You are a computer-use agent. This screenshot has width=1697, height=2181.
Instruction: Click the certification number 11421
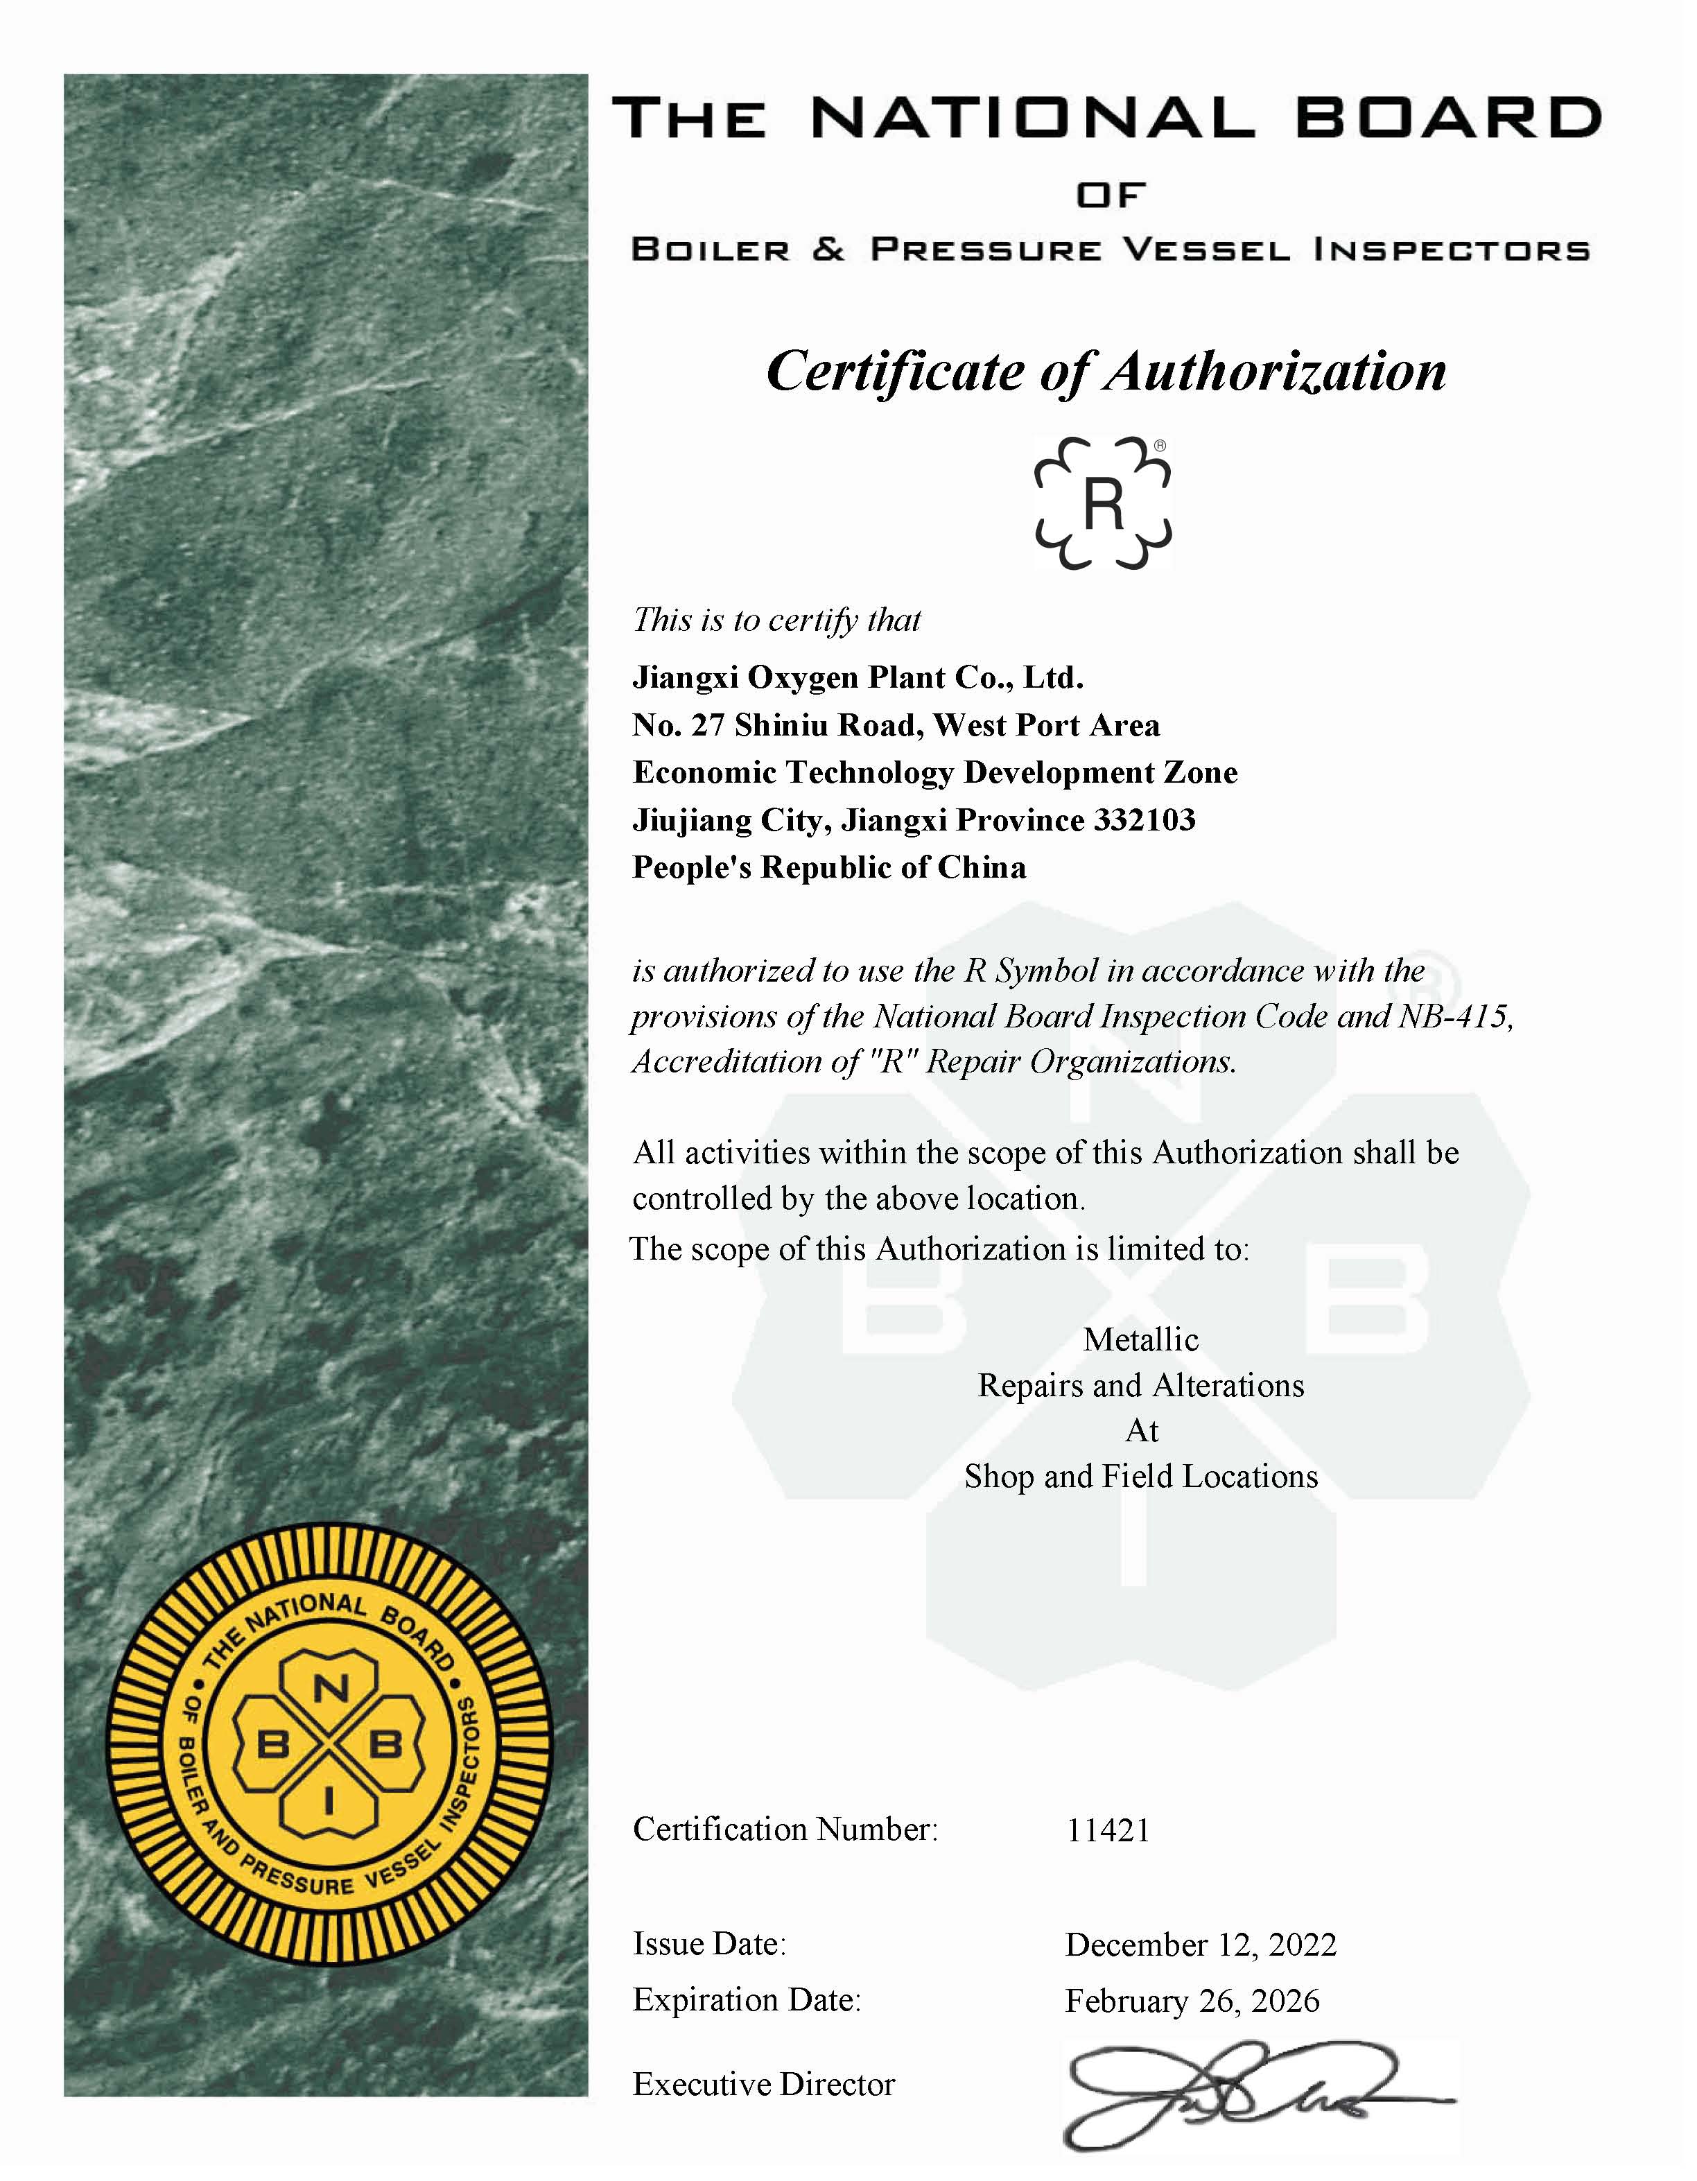point(1108,1832)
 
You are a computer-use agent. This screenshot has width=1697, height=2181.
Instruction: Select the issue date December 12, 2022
point(1201,1945)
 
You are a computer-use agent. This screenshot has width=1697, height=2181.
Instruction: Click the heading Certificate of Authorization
point(1106,372)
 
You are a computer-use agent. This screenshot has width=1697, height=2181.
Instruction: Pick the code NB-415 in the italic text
point(1455,1016)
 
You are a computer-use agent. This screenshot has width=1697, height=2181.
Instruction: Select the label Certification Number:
point(785,1830)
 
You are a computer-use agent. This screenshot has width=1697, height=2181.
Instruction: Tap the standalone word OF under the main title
point(1111,195)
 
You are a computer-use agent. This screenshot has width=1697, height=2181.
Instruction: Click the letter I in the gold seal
point(329,1800)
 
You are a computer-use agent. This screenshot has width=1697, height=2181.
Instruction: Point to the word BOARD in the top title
point(1448,119)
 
